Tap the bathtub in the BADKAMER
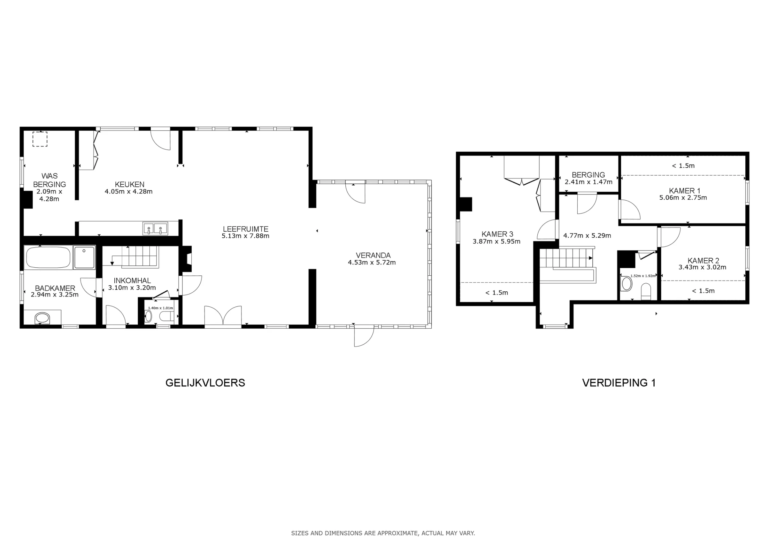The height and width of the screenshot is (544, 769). [x=48, y=257]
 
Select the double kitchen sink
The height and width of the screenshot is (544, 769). [x=155, y=229]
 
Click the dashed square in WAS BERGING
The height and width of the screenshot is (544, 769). [x=40, y=139]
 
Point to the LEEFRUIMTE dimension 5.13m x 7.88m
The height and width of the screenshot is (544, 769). [x=245, y=236]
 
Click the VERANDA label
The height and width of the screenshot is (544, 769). [x=373, y=255]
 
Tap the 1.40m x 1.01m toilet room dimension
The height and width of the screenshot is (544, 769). [x=161, y=308]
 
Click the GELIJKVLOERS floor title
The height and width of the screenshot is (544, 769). [x=205, y=383]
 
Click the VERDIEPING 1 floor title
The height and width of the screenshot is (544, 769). [x=619, y=383]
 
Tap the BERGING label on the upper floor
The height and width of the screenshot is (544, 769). [x=588, y=175]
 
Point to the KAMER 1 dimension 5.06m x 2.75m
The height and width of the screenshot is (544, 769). [x=683, y=198]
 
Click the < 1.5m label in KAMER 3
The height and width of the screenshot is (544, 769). [x=496, y=293]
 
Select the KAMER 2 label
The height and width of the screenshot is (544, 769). [x=703, y=260]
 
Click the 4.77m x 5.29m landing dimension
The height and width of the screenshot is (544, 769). [x=587, y=236]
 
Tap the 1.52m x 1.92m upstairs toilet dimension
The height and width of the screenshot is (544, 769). [x=643, y=276]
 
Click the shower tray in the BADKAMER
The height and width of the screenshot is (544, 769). [x=84, y=257]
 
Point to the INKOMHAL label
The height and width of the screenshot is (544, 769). [x=132, y=280]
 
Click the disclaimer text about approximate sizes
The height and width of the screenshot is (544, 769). [x=383, y=533]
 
